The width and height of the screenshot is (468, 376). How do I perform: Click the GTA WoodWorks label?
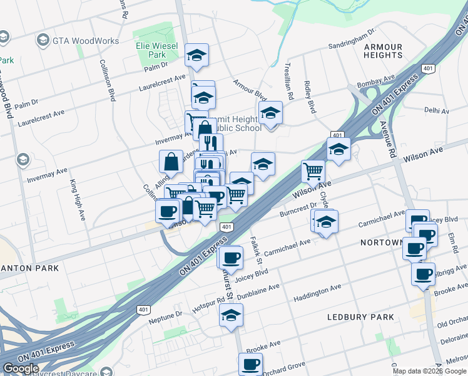point(86,41)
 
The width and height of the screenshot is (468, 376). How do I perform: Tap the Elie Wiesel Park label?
point(157,51)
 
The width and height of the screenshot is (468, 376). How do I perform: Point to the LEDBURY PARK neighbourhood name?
point(360,317)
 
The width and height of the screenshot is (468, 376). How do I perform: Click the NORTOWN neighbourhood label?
point(380,242)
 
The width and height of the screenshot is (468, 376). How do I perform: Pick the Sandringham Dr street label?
point(352,39)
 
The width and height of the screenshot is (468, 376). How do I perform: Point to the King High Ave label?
point(76,200)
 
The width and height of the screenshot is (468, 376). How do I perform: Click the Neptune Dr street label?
point(169,313)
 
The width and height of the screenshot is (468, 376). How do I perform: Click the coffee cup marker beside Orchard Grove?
point(251,363)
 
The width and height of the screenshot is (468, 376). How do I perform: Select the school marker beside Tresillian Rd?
point(270,113)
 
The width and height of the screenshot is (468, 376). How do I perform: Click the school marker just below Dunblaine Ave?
point(231,315)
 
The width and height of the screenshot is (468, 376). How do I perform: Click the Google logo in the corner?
point(21,368)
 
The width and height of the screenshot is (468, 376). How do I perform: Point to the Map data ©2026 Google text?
point(429,371)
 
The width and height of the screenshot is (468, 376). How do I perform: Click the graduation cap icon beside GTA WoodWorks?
point(43,41)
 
